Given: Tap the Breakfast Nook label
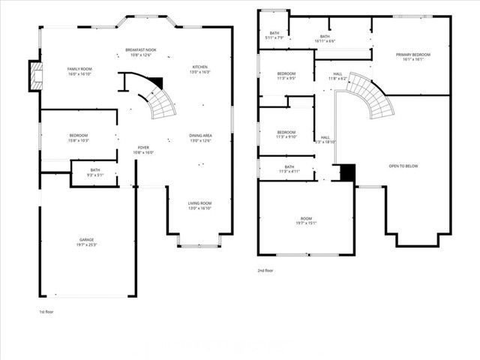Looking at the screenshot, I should pyautogui.click(x=141, y=52).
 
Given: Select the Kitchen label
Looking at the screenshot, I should pyautogui.click(x=200, y=70).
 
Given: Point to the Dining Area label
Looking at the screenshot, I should pyautogui.click(x=200, y=138).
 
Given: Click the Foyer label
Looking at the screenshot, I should pyautogui.click(x=143, y=150).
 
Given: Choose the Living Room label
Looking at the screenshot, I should pyautogui.click(x=199, y=205).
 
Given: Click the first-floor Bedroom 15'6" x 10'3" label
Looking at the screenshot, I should pyautogui.click(x=79, y=137).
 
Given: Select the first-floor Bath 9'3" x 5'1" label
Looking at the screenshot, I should pyautogui.click(x=95, y=172).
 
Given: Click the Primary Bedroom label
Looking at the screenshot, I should pyautogui.click(x=413, y=56).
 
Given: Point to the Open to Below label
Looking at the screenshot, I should pyautogui.click(x=403, y=166).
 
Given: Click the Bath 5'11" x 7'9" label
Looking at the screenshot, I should pyautogui.click(x=274, y=35).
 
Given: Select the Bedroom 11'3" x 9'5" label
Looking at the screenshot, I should pyautogui.click(x=287, y=75).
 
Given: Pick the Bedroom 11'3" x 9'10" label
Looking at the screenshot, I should pyautogui.click(x=287, y=134).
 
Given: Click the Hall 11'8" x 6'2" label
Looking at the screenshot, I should pyautogui.click(x=337, y=76).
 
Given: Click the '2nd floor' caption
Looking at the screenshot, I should pyautogui.click(x=265, y=270).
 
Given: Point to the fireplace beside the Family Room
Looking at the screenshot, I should pyautogui.click(x=34, y=76).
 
